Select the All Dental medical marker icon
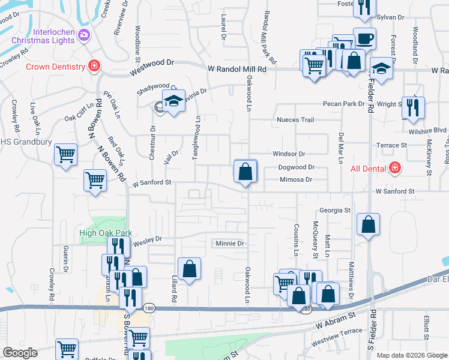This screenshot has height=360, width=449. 395,167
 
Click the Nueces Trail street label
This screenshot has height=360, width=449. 295,120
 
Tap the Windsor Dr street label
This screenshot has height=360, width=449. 289,154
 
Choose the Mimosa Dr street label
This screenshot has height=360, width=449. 296,179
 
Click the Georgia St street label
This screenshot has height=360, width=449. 334,211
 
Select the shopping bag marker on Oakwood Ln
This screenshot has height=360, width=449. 245,172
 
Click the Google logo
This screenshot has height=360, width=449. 19,353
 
